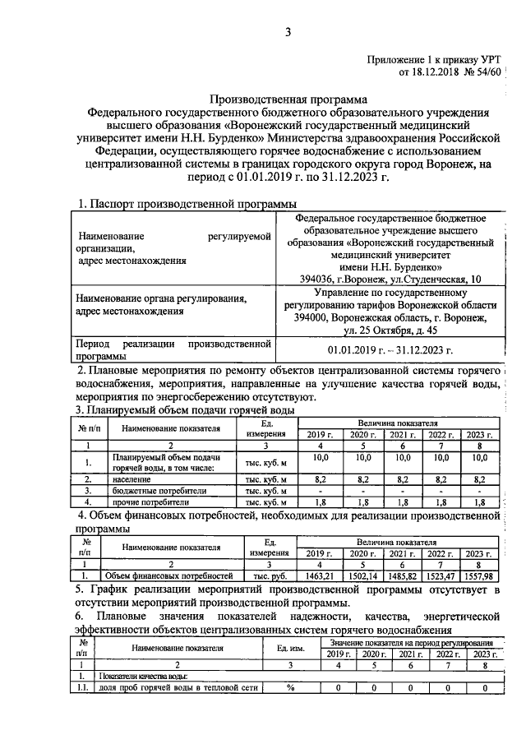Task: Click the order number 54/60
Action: pyautogui.click(x=484, y=73)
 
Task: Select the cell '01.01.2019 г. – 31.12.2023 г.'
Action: pyautogui.click(x=390, y=349)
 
